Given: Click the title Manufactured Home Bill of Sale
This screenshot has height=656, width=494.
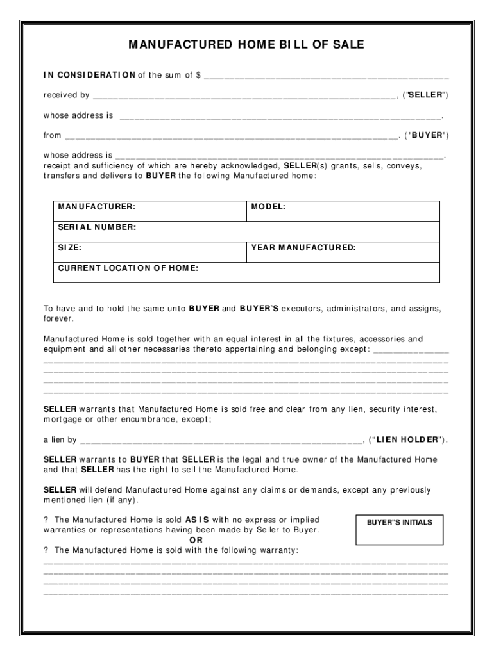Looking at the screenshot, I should tap(246, 45).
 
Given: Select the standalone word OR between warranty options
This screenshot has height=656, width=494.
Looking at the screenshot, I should tap(182, 540).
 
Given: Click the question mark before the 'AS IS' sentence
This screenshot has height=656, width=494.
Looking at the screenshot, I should tap(46, 520).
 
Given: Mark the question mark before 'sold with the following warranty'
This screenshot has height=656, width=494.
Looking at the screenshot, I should tap(46, 550).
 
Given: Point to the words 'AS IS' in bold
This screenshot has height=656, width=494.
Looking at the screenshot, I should tap(197, 520).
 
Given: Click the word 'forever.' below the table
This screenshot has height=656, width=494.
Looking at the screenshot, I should tap(59, 318).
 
